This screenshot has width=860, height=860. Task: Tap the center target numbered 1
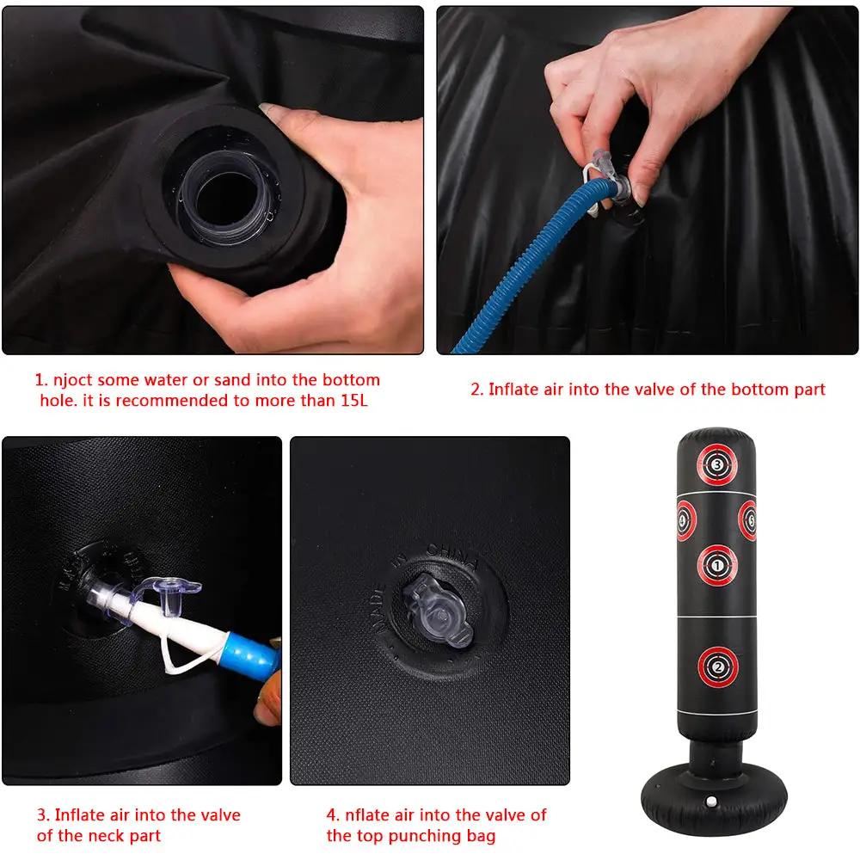[x=718, y=564]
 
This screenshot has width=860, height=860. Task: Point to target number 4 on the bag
[x=685, y=519]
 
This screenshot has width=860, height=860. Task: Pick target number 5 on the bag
[x=748, y=519]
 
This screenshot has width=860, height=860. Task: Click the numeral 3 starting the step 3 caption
[x=40, y=814]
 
